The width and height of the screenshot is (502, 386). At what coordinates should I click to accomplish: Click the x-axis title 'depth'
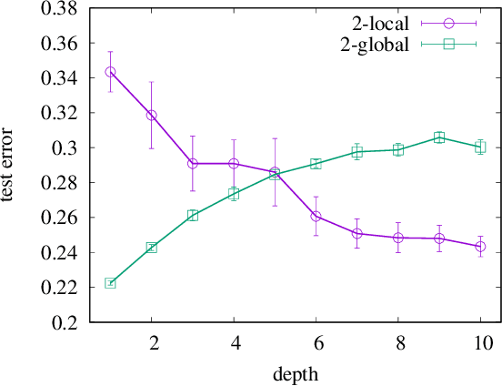(x=296, y=374)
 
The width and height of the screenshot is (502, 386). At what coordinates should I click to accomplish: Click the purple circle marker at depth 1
(x=110, y=71)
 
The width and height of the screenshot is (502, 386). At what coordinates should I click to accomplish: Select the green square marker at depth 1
(x=110, y=283)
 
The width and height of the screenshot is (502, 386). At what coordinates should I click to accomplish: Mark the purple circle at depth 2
(x=151, y=116)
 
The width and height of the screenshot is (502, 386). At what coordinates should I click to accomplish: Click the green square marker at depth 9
(x=439, y=137)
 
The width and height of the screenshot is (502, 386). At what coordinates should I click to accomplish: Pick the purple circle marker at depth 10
(x=480, y=247)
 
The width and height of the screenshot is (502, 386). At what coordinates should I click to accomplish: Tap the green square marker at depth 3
(x=192, y=216)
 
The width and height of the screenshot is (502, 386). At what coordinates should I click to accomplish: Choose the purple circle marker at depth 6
(x=316, y=217)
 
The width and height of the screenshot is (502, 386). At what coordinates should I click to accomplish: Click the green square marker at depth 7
(x=357, y=152)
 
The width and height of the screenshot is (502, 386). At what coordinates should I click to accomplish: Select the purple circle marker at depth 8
(x=398, y=238)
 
